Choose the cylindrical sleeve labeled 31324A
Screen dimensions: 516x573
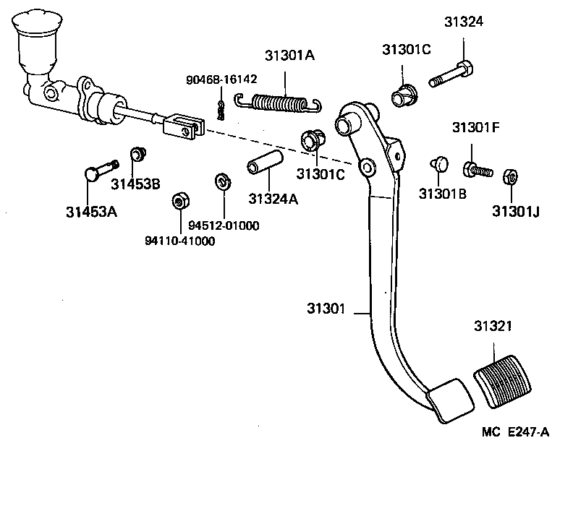[265, 165]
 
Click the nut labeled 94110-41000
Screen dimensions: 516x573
[177, 199]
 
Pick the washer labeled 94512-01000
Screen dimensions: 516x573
[222, 181]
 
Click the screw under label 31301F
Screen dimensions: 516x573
[475, 171]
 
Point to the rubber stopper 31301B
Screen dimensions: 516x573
[438, 163]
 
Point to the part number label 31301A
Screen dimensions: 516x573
[289, 56]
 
